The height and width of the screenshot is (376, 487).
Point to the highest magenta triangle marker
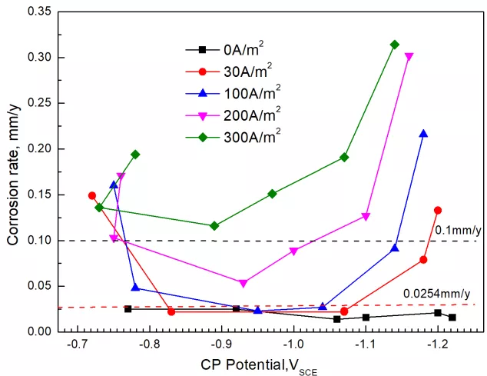(409, 57)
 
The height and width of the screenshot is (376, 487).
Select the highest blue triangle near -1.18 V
(423, 134)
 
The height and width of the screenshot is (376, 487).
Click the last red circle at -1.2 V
(438, 210)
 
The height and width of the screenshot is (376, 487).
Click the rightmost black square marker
(452, 317)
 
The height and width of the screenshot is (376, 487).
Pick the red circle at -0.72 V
(92, 195)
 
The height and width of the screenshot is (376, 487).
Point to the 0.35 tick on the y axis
(39, 12)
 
